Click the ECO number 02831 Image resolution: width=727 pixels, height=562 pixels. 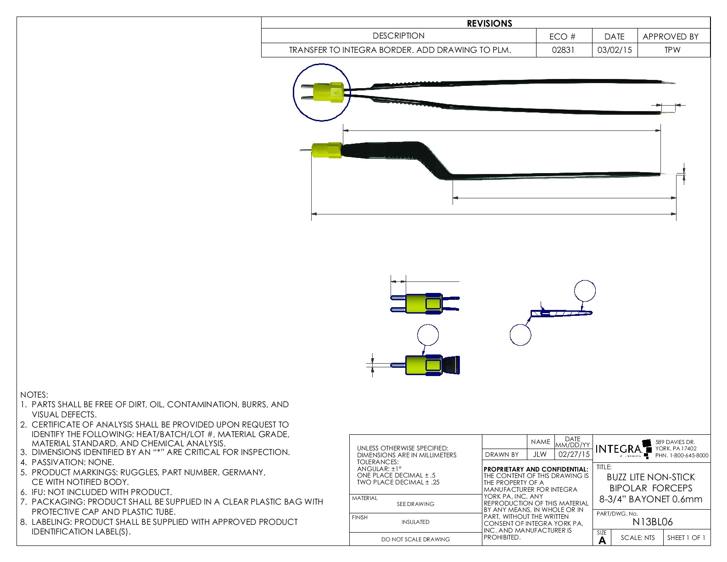pos(563,50)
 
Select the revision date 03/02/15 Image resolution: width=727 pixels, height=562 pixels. pos(615,50)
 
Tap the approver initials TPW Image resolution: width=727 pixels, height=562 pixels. pos(672,50)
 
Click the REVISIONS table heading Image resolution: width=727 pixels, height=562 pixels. pos(489,23)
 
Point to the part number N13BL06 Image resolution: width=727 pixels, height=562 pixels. pos(652,522)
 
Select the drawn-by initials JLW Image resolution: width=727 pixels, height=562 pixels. pos(540,454)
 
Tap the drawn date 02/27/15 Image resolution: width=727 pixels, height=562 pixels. pos(574,454)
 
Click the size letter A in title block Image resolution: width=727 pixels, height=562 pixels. pos(602,540)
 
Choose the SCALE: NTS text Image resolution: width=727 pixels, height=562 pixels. pos(638,538)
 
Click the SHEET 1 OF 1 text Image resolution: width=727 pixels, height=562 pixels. pos(686,538)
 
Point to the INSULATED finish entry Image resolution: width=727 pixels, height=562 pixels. pos(415,522)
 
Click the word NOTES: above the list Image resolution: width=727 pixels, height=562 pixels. pos(34,395)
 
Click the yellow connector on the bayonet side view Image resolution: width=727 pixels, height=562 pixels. pos(326,151)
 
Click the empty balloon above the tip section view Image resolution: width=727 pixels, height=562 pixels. pos(585,291)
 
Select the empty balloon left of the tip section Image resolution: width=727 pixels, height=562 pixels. pos(520,334)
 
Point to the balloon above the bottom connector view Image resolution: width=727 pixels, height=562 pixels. pos(428,335)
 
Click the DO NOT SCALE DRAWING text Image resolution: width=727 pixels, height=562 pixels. pos(415,540)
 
